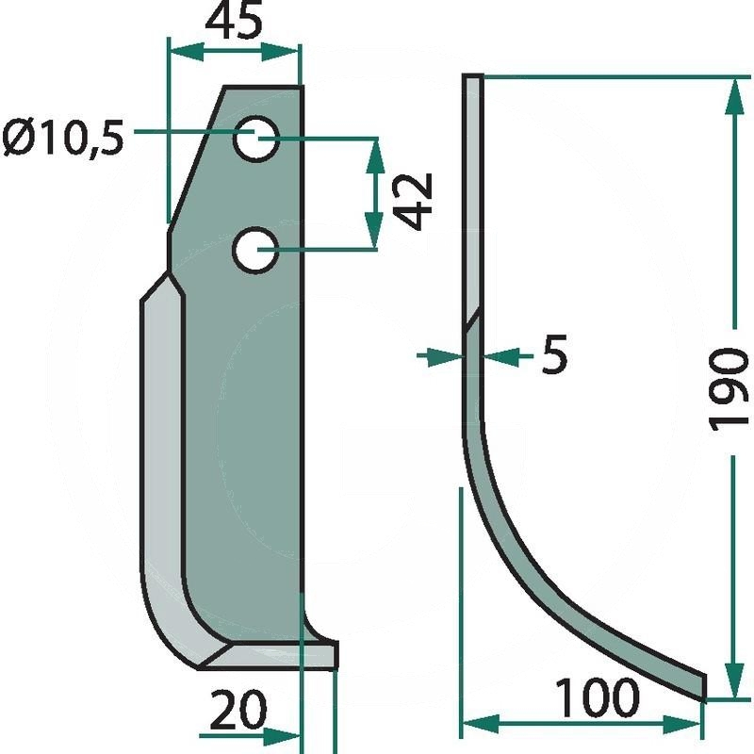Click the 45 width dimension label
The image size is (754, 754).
[234, 23]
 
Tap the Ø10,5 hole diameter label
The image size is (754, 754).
[63, 139]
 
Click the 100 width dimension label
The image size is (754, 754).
[598, 697]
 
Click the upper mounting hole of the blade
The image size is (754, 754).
[256, 139]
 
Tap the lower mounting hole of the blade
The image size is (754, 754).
[255, 250]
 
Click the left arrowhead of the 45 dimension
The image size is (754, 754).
[187, 52]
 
